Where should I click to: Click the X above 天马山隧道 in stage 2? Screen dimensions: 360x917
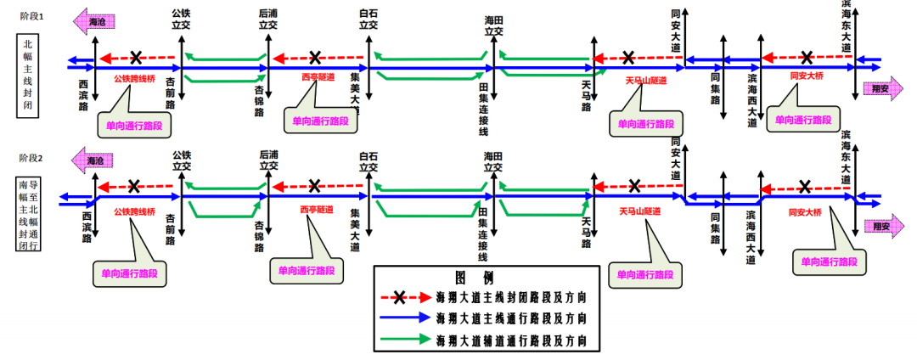pos(634,187)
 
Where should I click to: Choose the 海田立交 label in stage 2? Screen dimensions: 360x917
pos(493,162)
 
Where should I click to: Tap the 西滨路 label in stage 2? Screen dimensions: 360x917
pos(86,228)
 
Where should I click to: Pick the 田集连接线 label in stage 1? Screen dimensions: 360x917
pos(483,108)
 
